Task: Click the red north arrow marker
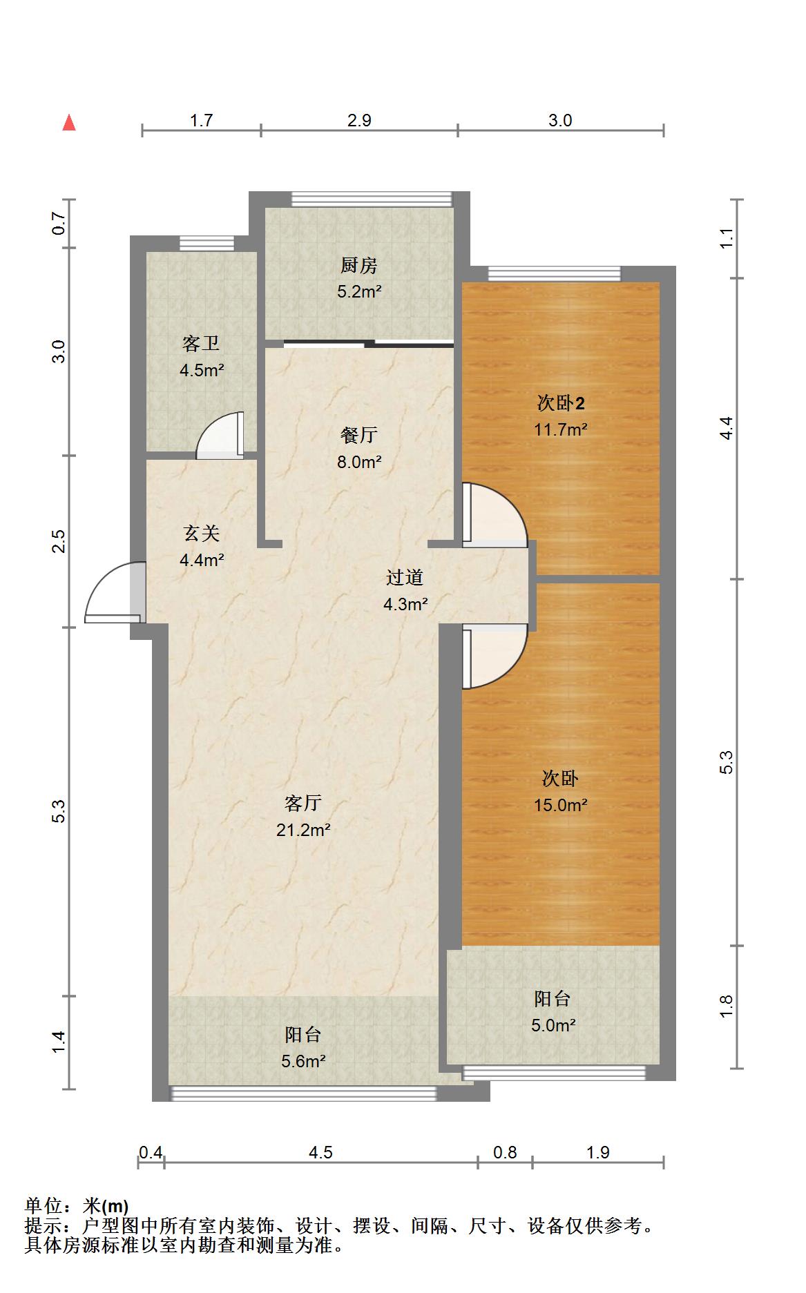tap(69, 123)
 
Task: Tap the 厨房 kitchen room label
tap(359, 265)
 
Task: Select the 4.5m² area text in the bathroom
tap(202, 371)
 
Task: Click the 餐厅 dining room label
tap(359, 435)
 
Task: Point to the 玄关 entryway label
tap(202, 533)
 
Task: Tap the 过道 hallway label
tap(405, 577)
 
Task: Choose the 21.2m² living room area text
tap(303, 830)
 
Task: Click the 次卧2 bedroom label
tap(561, 402)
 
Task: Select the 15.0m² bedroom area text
tap(561, 805)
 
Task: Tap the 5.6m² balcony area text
tap(303, 1061)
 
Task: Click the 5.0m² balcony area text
tap(553, 1025)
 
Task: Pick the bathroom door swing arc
tap(220, 435)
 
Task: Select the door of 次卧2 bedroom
tap(495, 514)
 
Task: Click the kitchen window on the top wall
tap(372, 199)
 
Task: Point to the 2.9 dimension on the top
tap(359, 121)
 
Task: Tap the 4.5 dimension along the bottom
tap(320, 1152)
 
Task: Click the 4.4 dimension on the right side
tap(726, 429)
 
